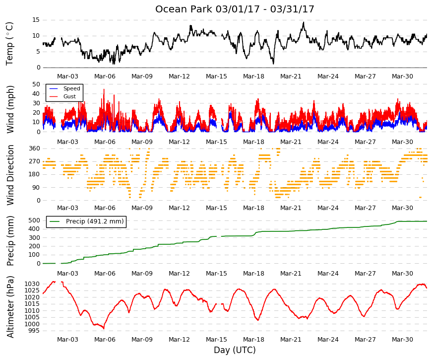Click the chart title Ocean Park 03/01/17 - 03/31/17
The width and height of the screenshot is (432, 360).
pos(235,9)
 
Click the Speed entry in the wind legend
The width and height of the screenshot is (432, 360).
pos(71,88)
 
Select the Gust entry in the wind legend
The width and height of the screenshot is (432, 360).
pos(69,96)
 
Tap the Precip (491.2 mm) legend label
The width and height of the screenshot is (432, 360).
pos(95,221)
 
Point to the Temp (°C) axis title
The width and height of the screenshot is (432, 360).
pos(9,44)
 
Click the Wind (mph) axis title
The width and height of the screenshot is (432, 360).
pos(10,109)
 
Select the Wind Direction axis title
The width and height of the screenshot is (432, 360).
pos(10,175)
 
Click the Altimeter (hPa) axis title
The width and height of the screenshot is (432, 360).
pos(10,307)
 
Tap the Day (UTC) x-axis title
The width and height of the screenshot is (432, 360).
pos(235,350)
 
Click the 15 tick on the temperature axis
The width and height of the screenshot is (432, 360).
pos(36,20)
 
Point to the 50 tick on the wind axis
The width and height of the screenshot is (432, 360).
pos(36,84)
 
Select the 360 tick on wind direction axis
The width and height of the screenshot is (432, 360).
pos(34,148)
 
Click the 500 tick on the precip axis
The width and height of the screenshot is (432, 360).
pos(34,220)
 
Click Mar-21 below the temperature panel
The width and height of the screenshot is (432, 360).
pos(291,76)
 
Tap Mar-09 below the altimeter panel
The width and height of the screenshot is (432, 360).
pos(142,340)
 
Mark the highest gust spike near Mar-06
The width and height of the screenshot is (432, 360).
pos(104,89)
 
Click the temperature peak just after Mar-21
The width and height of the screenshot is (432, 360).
pos(304,22)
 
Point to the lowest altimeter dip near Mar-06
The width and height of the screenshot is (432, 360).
pos(104,329)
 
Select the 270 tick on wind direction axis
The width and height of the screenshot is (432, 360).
pos(34,161)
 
